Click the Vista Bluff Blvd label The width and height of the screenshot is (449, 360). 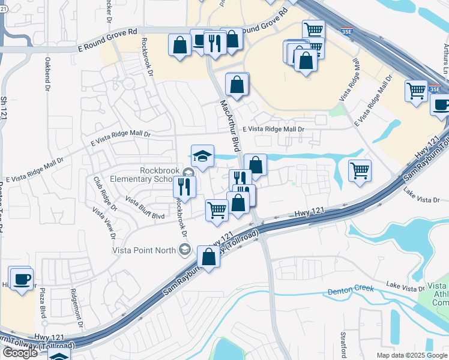coord(144,207)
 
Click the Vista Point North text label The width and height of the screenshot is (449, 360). coord(143,250)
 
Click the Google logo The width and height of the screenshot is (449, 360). coord(20,352)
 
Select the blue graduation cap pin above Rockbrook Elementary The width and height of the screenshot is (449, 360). coord(202,156)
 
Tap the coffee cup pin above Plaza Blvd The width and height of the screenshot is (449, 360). coord(22,278)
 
